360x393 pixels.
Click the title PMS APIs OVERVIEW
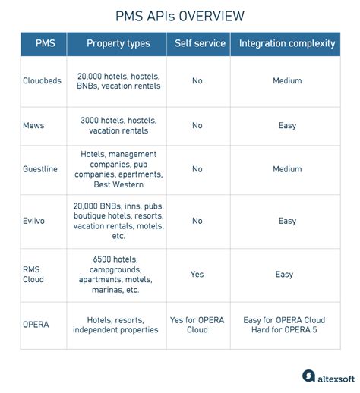tap(180, 16)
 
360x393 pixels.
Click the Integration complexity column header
tap(286, 43)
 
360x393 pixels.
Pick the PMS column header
tap(44, 43)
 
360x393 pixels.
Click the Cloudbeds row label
tap(44, 81)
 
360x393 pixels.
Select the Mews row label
tap(34, 125)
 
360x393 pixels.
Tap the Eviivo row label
tap(35, 221)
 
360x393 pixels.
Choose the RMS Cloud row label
tap(33, 274)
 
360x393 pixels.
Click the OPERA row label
tap(36, 324)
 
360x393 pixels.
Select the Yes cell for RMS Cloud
tap(197, 274)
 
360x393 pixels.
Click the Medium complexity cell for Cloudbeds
tap(286, 81)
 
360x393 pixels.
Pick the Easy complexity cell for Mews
tap(286, 125)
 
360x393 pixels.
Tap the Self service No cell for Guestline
tap(197, 169)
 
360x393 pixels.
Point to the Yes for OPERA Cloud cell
tap(197, 324)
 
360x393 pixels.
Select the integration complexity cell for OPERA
tap(286, 324)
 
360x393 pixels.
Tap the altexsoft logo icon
tap(308, 376)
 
